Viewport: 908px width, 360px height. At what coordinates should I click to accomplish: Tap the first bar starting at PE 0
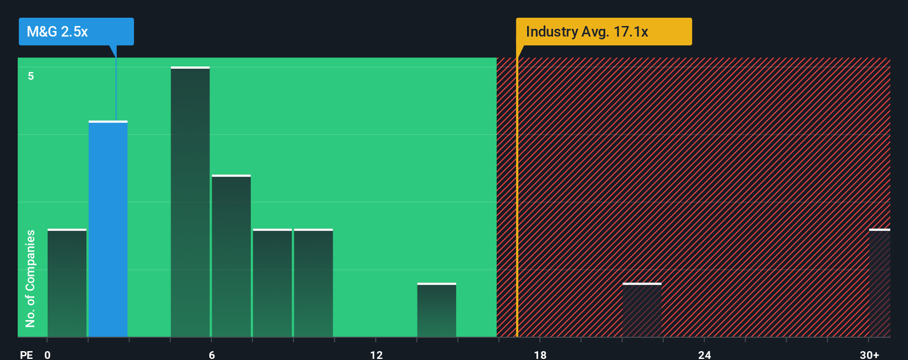67,283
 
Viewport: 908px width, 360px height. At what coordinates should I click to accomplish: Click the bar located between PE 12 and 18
436,310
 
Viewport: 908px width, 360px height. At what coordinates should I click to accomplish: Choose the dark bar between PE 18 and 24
642,310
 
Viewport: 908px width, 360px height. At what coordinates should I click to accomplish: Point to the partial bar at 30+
879,283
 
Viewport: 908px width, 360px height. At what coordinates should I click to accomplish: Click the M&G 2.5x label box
76,32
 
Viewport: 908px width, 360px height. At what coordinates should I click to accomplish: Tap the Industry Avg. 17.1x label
603,32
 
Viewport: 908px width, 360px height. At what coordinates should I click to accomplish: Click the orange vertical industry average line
517,199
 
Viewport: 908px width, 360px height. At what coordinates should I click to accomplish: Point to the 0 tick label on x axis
48,354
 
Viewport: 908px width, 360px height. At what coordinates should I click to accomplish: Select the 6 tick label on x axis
211,354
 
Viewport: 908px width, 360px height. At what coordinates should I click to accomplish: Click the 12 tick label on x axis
376,354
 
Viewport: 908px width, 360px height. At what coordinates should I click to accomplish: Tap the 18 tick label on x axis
540,354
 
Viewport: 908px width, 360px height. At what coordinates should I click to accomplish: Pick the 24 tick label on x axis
704,354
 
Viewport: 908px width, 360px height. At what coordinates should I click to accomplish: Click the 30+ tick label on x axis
869,354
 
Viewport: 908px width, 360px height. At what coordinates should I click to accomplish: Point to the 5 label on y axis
31,76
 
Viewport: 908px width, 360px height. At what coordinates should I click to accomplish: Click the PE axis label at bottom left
26,354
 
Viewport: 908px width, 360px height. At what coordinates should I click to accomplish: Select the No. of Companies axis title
30,278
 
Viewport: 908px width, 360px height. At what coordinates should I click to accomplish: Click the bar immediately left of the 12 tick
313,283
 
